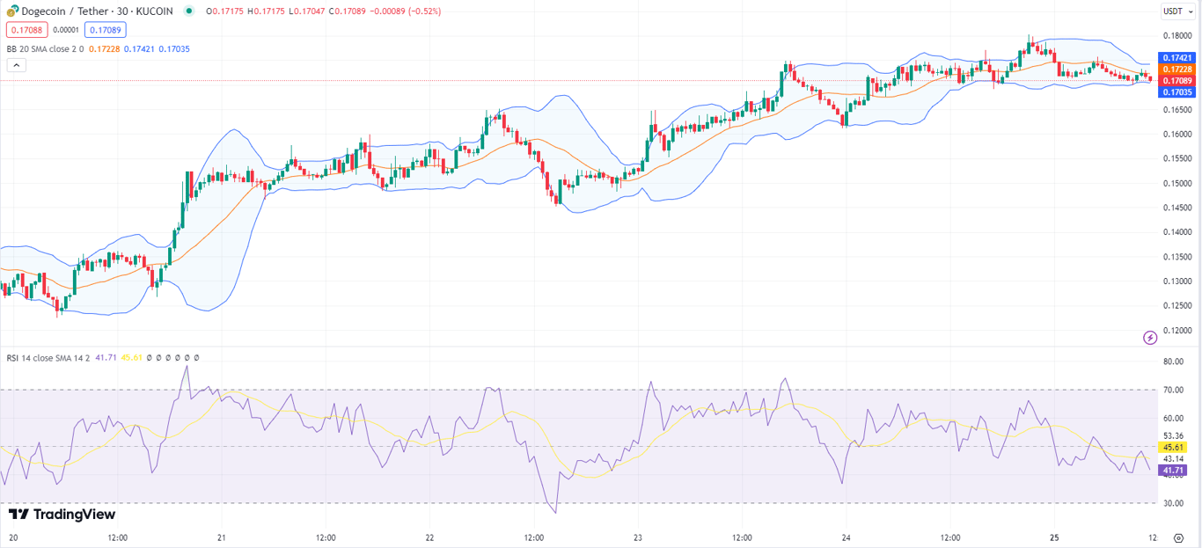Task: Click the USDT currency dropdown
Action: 1173,11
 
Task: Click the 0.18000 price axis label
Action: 1177,36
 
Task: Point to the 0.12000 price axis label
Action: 1177,331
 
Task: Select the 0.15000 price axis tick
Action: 1177,183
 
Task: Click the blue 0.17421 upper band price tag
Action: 1176,58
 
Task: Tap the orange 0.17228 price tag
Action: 1176,69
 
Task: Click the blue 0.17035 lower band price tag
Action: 1176,92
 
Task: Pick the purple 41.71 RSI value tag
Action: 1173,471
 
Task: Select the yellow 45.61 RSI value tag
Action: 1173,447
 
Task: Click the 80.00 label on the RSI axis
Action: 1173,362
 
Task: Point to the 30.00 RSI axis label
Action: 1173,504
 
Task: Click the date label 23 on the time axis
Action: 638,537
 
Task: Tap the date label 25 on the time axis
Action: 1054,537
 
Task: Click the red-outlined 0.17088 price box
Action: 27,30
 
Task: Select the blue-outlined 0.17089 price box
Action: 106,30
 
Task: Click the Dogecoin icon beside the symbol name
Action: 12,11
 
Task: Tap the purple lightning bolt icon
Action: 1149,338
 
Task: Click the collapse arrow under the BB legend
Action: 16,65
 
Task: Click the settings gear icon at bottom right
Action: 1179,537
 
